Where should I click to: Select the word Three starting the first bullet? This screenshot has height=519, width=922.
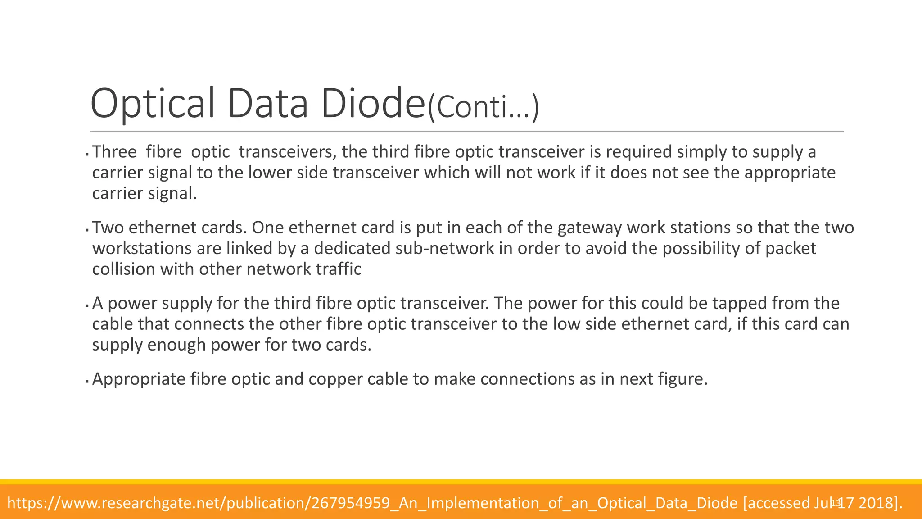[x=114, y=152]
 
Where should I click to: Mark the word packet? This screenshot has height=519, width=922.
[x=791, y=248]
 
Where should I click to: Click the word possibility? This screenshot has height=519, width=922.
[x=697, y=248]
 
